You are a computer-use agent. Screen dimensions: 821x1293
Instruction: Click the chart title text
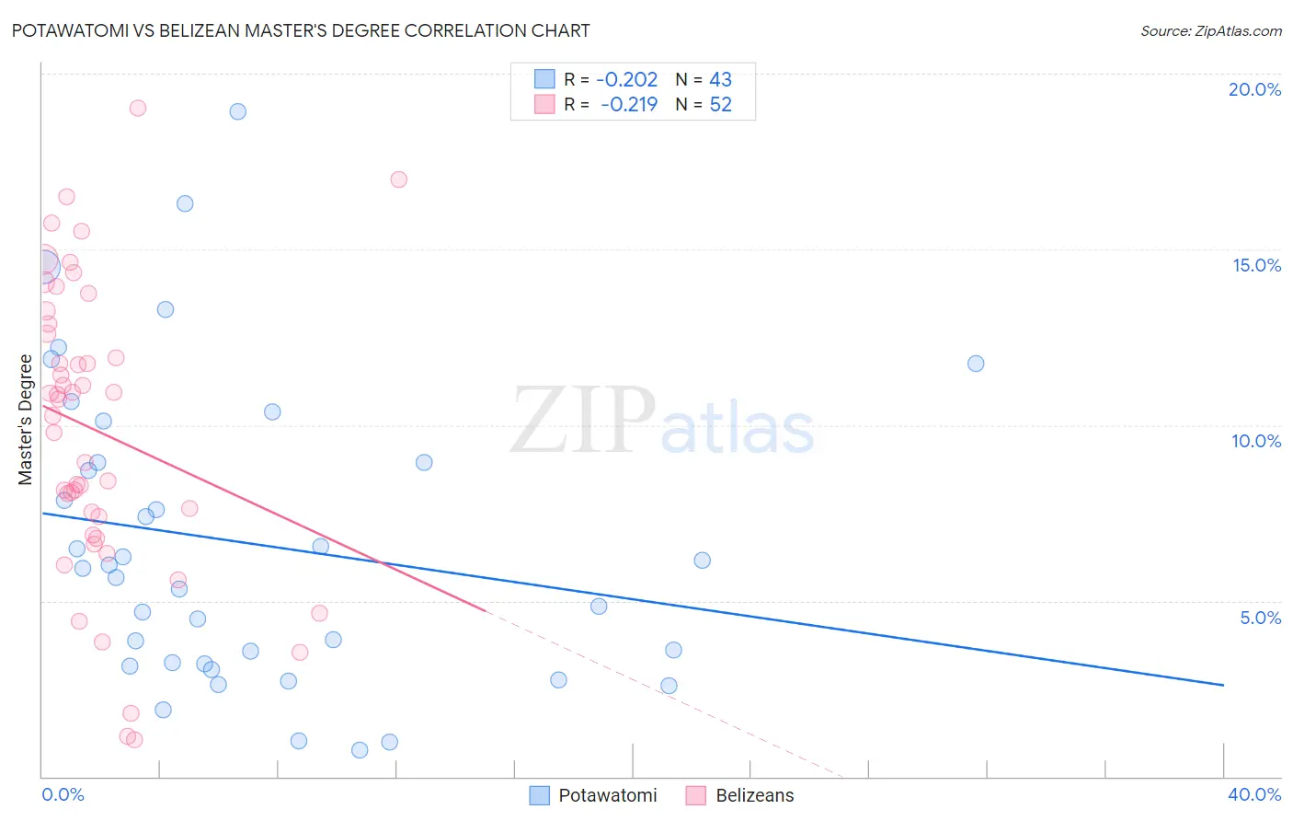click(x=301, y=30)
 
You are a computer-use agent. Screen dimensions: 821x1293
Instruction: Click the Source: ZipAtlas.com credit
click(x=1210, y=30)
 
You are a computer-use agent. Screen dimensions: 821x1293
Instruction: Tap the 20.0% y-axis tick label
click(x=1254, y=89)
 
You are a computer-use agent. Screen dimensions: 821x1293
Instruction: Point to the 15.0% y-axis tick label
click(x=1256, y=265)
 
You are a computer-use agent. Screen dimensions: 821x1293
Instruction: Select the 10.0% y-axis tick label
click(x=1256, y=441)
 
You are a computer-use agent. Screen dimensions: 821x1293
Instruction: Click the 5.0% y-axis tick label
click(x=1260, y=618)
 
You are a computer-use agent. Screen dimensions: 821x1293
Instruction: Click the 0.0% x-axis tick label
click(x=63, y=794)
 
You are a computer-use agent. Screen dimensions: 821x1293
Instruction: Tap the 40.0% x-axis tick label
click(x=1253, y=794)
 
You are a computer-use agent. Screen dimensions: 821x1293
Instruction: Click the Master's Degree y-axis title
click(x=25, y=419)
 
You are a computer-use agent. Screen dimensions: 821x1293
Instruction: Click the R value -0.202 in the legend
click(x=626, y=80)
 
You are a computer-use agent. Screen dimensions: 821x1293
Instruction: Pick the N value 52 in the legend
click(x=720, y=104)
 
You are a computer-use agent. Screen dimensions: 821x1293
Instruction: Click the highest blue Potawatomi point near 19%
click(x=238, y=111)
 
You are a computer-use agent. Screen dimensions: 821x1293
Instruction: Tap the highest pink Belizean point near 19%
click(x=138, y=108)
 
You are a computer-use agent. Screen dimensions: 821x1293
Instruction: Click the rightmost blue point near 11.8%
click(x=976, y=364)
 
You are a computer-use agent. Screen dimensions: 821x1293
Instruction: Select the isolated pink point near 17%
click(x=398, y=179)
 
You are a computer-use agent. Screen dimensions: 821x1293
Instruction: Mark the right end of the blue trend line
click(x=1223, y=685)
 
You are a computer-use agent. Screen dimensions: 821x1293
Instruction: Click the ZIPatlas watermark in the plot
click(x=662, y=421)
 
